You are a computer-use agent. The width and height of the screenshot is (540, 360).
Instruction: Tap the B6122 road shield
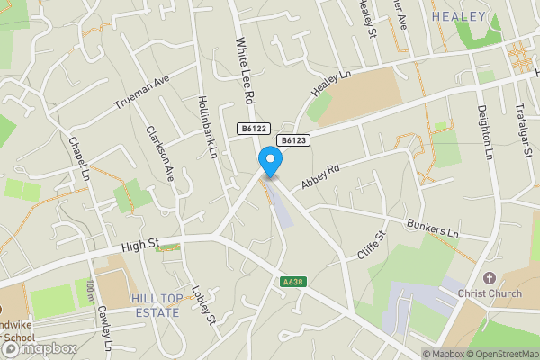pos(252,130)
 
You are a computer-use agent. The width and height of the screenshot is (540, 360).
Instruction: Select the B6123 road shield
pos(293,140)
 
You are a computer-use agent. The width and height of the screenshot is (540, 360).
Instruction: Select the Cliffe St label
pos(371,244)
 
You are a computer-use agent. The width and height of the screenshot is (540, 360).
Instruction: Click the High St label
pos(140,244)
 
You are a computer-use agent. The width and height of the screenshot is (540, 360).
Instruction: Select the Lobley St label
pos(204,306)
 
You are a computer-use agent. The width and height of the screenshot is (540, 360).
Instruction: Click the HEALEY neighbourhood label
pos(458,16)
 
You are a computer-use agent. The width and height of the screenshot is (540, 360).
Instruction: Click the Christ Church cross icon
pos(490,278)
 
